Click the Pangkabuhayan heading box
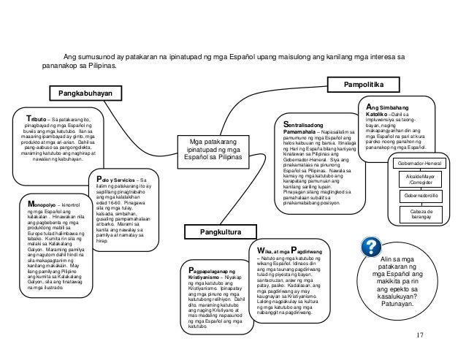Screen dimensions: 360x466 point(85,93)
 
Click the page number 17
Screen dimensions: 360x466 point(419,335)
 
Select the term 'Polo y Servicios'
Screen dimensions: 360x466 point(118,180)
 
